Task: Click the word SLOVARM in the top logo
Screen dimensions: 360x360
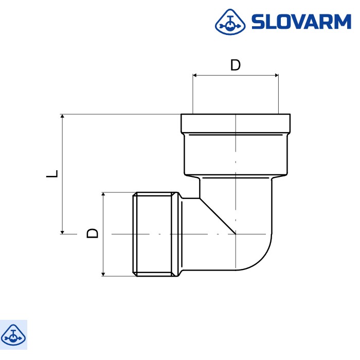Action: pyautogui.click(x=300, y=22)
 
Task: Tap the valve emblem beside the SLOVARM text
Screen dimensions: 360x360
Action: pyautogui.click(x=229, y=22)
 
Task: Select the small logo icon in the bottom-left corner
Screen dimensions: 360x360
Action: pyautogui.click(x=13, y=334)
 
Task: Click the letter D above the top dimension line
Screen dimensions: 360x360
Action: pyautogui.click(x=235, y=65)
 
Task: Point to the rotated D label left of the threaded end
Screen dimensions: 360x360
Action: pyautogui.click(x=92, y=233)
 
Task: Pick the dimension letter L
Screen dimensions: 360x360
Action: pyautogui.click(x=52, y=173)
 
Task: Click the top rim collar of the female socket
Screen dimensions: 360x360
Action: pyautogui.click(x=235, y=123)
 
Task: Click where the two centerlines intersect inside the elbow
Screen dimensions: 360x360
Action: pyautogui.click(x=236, y=234)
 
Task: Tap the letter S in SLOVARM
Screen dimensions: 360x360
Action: pyautogui.click(x=258, y=22)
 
